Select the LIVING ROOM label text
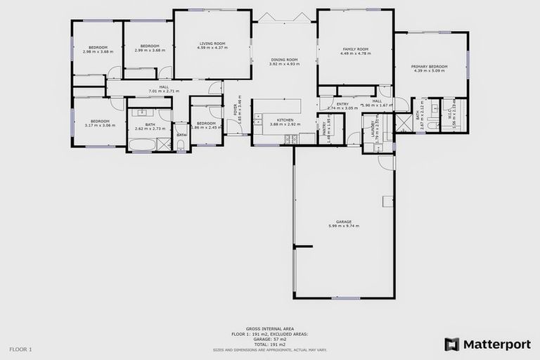[212, 44]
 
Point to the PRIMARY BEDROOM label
[430, 67]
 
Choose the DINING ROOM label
[284, 60]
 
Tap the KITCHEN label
[285, 120]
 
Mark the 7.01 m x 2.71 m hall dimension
[164, 91]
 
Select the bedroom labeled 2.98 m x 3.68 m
[97, 48]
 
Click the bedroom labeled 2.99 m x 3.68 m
[148, 48]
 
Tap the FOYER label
[236, 110]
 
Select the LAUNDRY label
[374, 131]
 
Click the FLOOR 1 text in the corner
[20, 349]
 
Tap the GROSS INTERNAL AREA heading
[269, 328]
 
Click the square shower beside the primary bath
[404, 124]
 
